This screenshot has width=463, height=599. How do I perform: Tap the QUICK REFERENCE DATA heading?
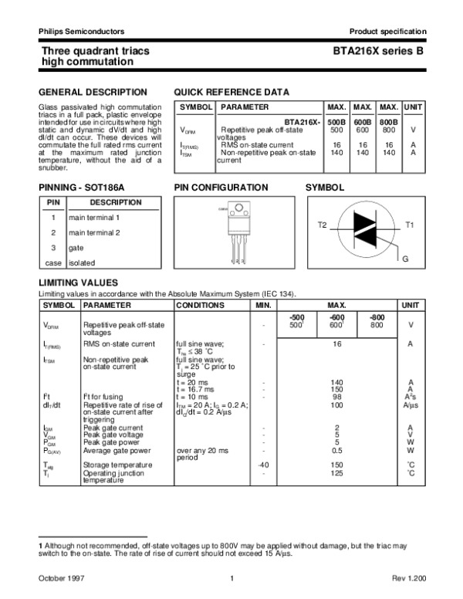[231, 92]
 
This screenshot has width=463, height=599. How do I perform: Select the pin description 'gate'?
[76, 248]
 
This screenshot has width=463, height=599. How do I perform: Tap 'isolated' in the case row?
[82, 263]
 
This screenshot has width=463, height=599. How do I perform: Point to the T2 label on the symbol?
[323, 224]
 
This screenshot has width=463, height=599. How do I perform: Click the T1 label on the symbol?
[410, 224]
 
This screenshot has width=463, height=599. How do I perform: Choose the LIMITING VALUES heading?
[78, 283]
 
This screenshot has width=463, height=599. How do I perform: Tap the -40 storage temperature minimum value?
[263, 465]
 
